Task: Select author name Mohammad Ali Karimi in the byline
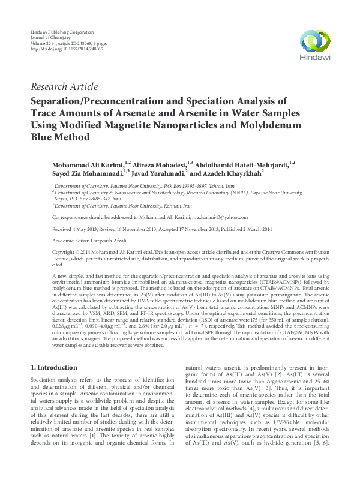(x=84, y=163)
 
